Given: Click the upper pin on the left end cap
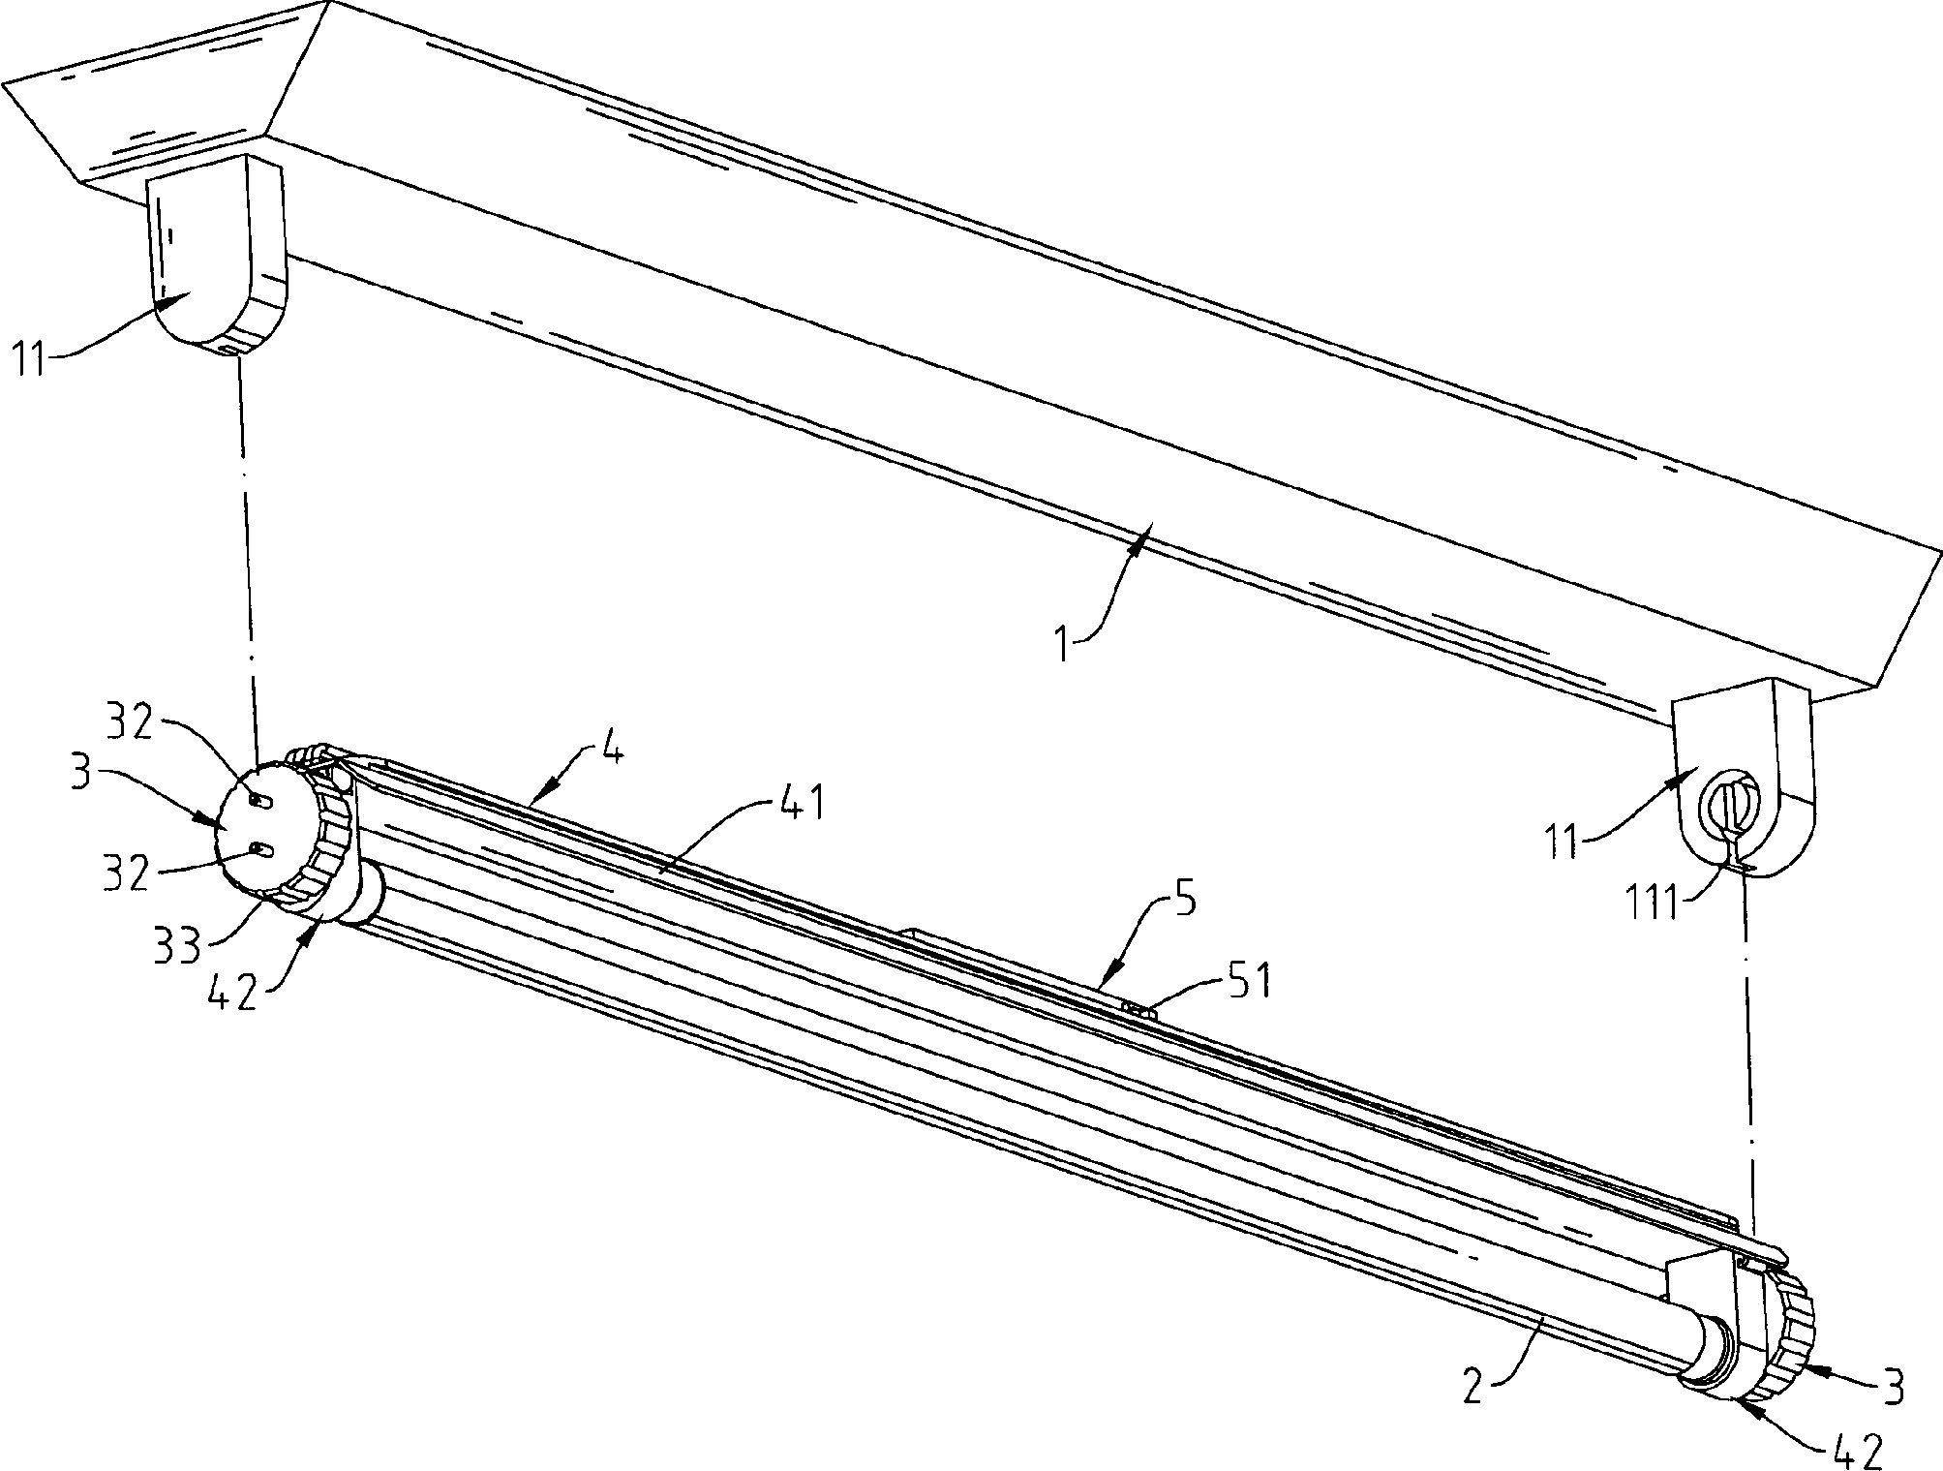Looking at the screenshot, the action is [258, 800].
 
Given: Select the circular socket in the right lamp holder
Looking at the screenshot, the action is [1732, 811].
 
